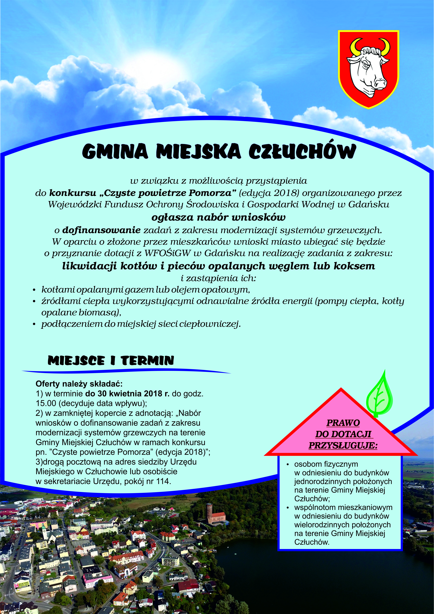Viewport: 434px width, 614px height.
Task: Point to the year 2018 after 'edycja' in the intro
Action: pos(285,193)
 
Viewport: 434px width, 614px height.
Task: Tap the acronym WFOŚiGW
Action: pos(168,253)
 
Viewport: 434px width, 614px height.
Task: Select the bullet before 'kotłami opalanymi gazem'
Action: pos(34,290)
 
